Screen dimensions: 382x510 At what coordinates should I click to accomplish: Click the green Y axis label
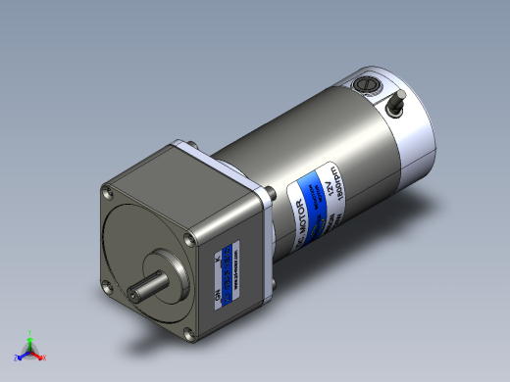click(30, 332)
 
